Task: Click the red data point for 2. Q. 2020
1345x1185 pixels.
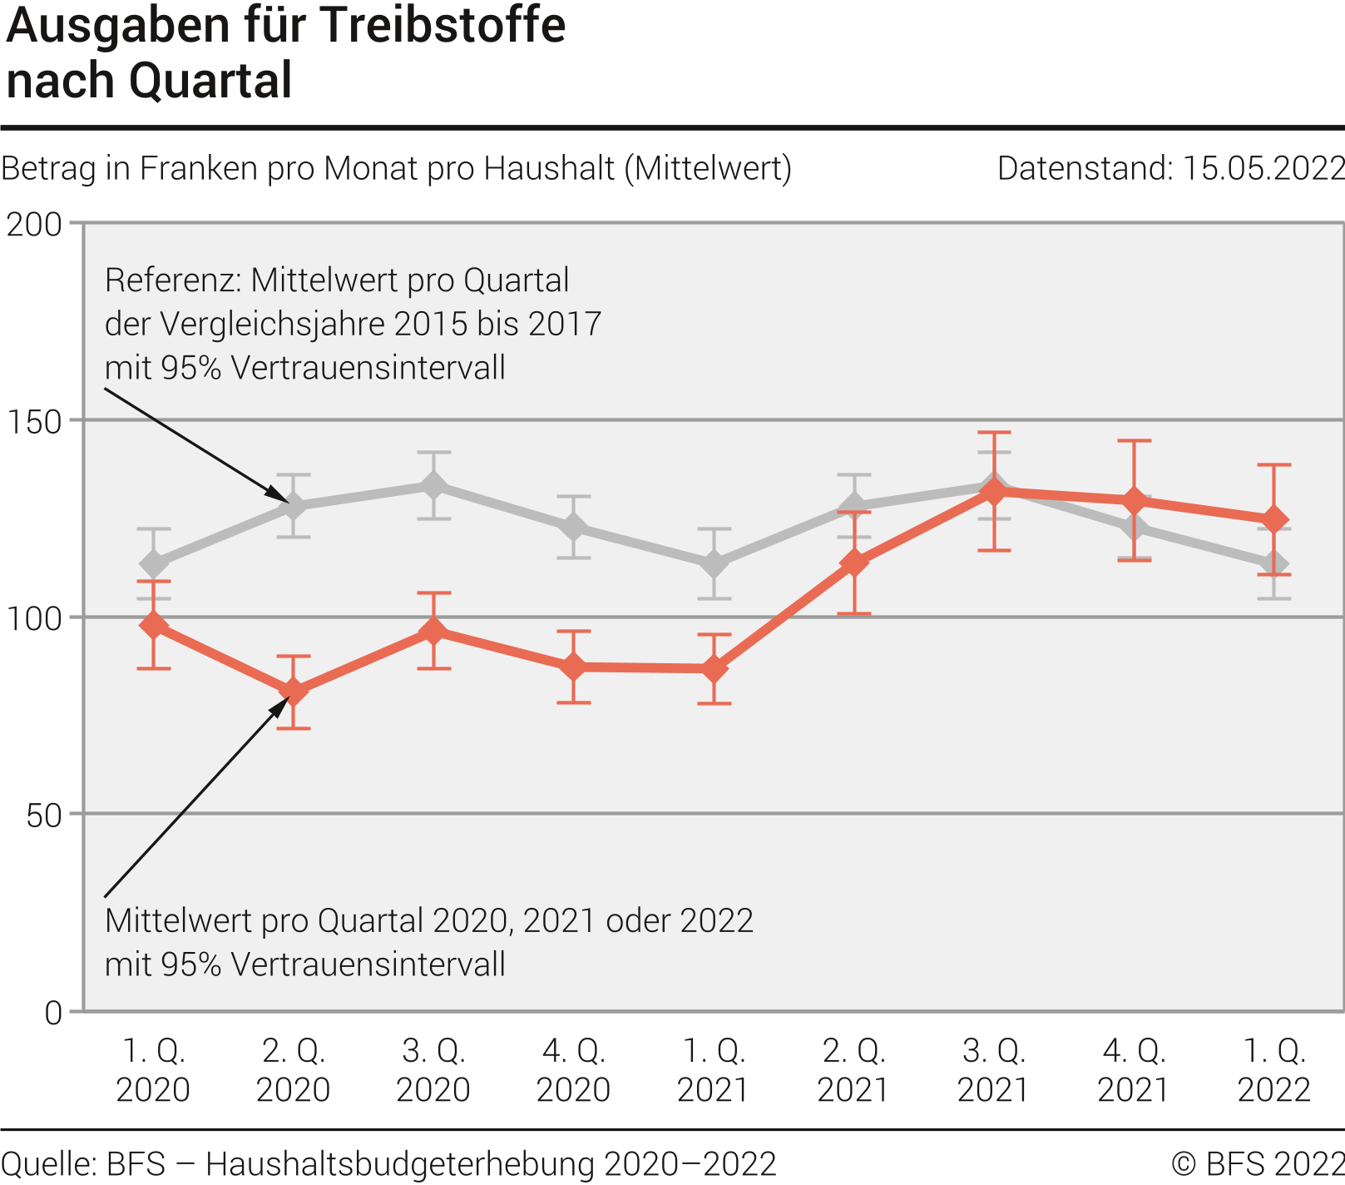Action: coord(293,692)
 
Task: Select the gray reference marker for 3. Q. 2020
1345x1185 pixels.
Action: coord(433,485)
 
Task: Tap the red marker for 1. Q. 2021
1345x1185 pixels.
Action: coord(714,669)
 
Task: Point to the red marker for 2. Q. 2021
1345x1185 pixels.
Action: coord(853,563)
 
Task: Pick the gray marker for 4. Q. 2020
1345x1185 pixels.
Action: coord(573,527)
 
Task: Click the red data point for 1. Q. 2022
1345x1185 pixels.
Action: coord(1273,520)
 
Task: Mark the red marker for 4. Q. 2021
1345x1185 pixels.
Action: coord(1134,501)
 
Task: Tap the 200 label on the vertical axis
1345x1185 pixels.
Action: coord(34,225)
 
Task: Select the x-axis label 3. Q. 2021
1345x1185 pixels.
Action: coord(993,1070)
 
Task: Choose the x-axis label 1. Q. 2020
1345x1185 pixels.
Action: coord(153,1070)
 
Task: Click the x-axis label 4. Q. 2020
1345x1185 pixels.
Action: coord(573,1070)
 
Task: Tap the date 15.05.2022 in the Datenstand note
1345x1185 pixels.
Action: coord(1263,169)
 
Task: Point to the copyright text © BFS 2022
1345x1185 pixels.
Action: coord(1257,1163)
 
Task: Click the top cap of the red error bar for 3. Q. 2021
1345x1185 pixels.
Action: coord(993,433)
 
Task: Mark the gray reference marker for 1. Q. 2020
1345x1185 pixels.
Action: coord(153,564)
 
